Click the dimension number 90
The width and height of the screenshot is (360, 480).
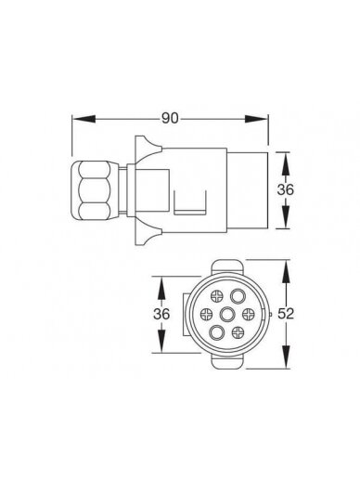[170, 118]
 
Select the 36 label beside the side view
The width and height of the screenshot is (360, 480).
[285, 189]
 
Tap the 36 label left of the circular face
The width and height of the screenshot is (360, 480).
[161, 314]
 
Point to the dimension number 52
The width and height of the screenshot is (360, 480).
[286, 314]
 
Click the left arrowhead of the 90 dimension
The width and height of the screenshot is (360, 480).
[84, 119]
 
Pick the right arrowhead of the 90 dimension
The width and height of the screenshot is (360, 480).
[257, 119]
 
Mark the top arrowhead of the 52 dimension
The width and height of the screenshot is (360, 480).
[287, 271]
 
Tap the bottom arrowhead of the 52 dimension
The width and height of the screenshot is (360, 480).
[287, 357]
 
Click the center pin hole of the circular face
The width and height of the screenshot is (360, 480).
[227, 315]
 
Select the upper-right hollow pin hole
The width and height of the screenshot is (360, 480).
[238, 296]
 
